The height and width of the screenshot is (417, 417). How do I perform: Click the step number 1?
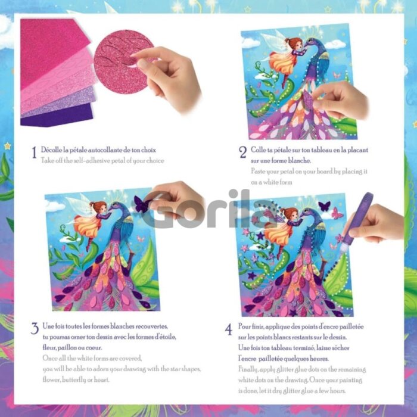point(34,153)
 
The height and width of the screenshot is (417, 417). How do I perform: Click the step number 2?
point(242,153)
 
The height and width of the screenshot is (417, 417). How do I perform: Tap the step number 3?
point(35,329)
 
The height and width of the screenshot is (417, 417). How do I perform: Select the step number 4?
point(228,329)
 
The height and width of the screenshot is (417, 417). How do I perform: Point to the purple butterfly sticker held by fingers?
point(141,204)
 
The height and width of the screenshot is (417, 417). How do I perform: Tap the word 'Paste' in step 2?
point(258,172)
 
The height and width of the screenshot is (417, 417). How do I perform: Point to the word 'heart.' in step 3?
point(101,380)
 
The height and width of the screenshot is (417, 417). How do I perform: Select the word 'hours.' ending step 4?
point(338,391)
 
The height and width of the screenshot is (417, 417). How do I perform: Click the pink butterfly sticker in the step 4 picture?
point(337,213)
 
